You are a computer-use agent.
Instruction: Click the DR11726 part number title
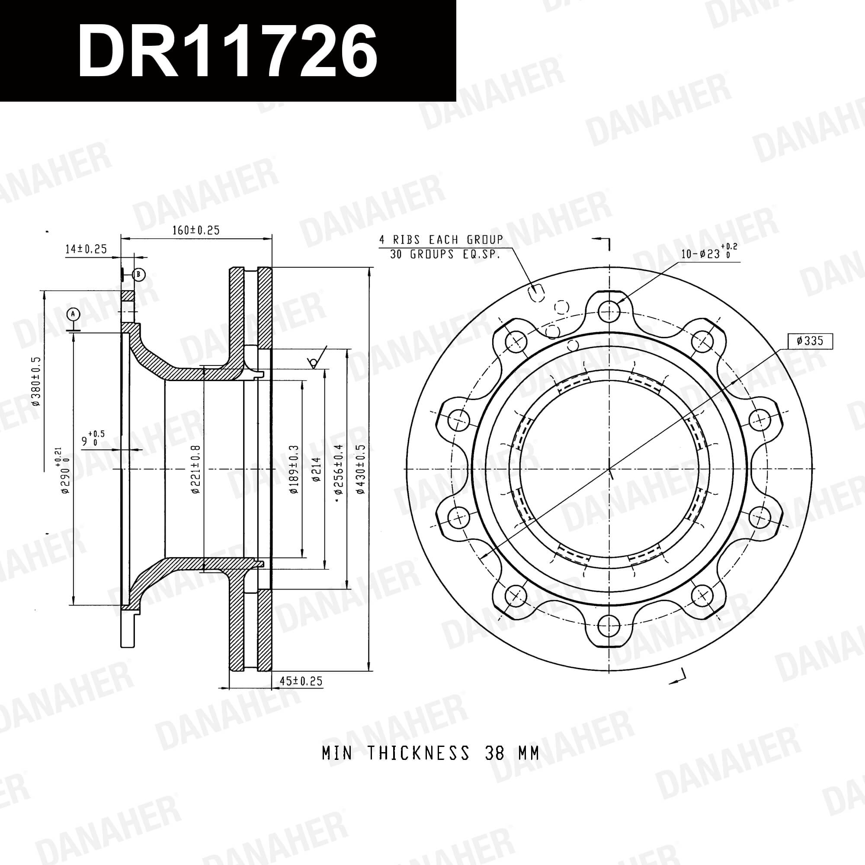tap(227, 51)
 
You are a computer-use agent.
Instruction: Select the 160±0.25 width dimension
tap(196, 230)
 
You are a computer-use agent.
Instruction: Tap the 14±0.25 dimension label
tap(86, 249)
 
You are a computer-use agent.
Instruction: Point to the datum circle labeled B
tap(139, 274)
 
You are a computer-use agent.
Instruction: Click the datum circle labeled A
tap(74, 314)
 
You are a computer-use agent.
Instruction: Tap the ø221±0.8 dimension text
tap(195, 469)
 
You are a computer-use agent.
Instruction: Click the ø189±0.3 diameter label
tap(294, 469)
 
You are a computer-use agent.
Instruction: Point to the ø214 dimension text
tap(317, 469)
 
